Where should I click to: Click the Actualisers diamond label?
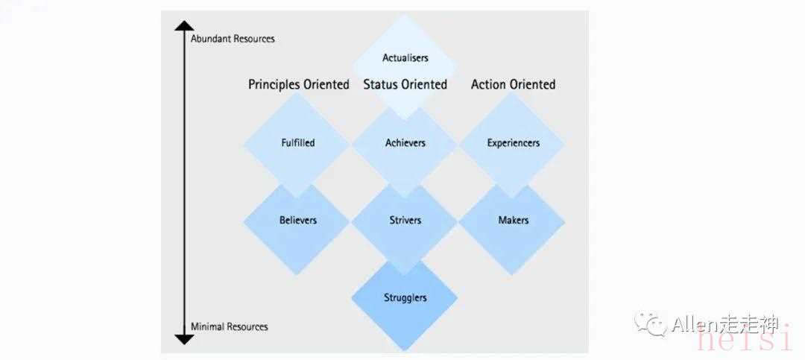tap(405, 58)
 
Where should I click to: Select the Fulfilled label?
tap(297, 143)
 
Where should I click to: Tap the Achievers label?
tap(405, 143)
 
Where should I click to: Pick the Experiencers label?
tap(514, 143)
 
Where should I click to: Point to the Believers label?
tap(297, 221)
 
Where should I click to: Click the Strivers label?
tap(405, 221)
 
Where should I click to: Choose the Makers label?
tap(514, 221)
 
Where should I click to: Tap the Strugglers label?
tap(405, 298)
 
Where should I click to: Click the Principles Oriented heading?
tap(299, 84)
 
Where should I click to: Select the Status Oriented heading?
tap(405, 84)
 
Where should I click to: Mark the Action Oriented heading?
tap(514, 84)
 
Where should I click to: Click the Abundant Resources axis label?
tap(233, 39)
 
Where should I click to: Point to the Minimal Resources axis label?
tap(230, 326)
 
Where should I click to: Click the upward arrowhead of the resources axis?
tap(184, 25)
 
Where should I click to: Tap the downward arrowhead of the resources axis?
tap(184, 339)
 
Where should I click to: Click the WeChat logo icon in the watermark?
tap(650, 324)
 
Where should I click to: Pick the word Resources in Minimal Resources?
tap(247, 326)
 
